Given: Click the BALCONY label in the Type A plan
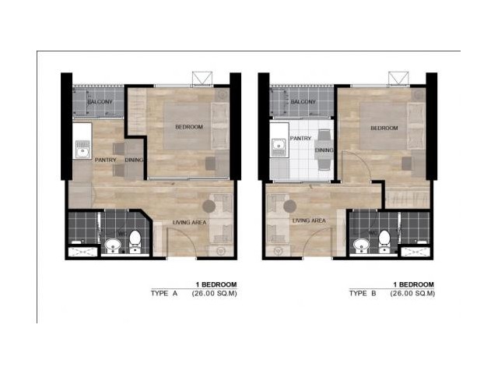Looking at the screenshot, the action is [100, 102].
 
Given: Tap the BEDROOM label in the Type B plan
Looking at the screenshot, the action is [384, 128].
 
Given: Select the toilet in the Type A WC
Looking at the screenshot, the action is [135, 242].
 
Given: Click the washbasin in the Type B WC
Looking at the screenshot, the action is [361, 246].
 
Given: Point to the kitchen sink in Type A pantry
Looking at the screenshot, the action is [83, 150].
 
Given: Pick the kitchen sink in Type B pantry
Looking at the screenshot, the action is [279, 148].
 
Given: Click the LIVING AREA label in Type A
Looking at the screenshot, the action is [190, 222].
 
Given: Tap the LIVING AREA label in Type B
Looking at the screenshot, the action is [309, 221].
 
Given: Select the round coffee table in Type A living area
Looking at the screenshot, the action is [209, 206].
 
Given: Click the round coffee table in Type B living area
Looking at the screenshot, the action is [290, 206].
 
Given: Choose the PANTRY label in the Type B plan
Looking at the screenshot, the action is [301, 139].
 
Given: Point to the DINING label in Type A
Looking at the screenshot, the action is [134, 160].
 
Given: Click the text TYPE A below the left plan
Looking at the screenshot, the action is [164, 293].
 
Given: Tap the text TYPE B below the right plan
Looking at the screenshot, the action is [363, 293].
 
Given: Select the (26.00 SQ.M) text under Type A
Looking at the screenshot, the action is [215, 294].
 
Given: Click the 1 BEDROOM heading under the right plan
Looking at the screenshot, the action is [413, 284].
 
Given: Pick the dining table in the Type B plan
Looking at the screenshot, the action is [324, 150].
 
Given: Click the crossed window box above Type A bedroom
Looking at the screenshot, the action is [202, 79].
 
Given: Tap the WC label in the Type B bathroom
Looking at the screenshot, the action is [373, 233].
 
